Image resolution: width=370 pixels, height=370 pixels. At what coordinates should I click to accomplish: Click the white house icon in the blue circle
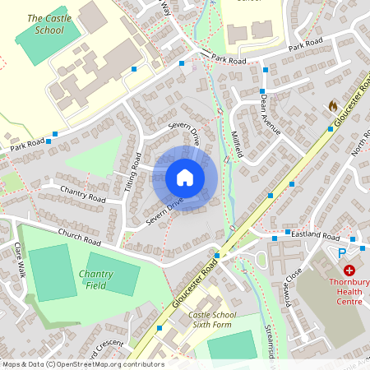pos(185,178)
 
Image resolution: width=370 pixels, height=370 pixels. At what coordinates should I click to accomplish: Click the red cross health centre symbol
pos(349,270)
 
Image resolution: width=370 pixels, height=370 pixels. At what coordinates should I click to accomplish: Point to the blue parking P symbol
pos(343,253)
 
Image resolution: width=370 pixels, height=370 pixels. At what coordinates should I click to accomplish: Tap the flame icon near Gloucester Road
pos(332,105)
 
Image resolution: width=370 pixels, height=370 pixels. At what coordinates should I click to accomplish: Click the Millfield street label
pos(238,145)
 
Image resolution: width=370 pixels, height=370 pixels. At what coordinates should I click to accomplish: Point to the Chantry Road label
pos(83,194)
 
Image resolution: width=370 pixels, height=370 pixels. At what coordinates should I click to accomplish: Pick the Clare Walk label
pos(21,258)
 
